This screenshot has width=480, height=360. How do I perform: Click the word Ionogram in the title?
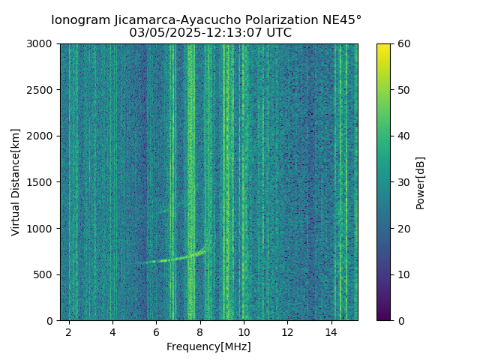tap(79, 20)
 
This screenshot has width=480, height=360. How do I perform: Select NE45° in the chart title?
tap(344, 20)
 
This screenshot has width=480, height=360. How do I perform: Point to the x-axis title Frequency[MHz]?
tap(208, 346)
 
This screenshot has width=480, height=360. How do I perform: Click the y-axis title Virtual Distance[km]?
tap(16, 181)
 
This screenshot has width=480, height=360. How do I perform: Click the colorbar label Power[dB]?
tap(421, 182)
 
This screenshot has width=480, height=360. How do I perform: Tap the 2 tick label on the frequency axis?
tap(69, 331)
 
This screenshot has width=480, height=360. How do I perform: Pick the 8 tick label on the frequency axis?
tap(200, 331)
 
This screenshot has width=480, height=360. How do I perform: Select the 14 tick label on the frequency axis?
tap(331, 331)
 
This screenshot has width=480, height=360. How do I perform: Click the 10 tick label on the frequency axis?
tap(244, 331)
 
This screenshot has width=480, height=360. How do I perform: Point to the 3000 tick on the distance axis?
tap(41, 44)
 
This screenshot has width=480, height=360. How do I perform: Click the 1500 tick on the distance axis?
tap(41, 182)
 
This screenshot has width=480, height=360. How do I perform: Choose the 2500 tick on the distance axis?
tap(41, 90)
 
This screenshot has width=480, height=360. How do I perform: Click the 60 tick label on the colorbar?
tap(403, 44)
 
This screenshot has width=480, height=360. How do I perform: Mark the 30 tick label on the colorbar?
tap(403, 182)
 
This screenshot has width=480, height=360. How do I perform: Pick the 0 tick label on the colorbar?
tap(400, 320)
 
